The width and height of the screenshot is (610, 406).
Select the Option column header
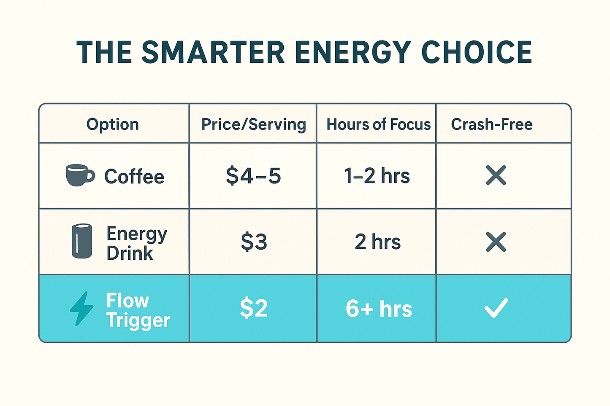113,124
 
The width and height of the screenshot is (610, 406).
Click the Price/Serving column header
253,124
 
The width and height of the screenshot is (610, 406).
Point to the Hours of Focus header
378,124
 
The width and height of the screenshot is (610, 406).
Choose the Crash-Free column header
492,124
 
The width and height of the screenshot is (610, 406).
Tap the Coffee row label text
134,176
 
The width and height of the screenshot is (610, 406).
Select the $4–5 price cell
253,175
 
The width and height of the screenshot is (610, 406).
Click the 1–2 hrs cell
377,175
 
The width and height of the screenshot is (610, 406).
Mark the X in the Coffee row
496,175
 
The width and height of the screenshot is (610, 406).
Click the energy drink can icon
81,241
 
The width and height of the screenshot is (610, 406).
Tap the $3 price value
254,242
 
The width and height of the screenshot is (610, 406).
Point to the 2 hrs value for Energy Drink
377,242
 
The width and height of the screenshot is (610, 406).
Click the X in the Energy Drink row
496,242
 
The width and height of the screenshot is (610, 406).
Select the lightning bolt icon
81,308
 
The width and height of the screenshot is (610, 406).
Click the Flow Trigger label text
138,310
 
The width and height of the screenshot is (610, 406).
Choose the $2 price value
254,308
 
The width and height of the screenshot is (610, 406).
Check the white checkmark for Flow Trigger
496,308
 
